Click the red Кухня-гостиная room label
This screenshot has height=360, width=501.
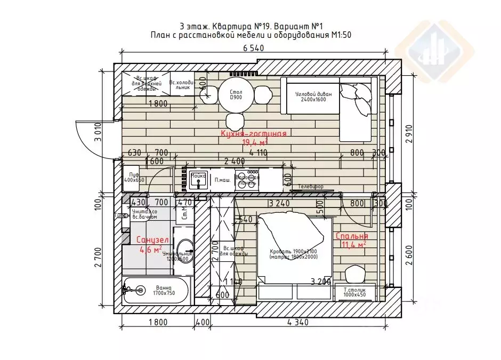tap(254, 134)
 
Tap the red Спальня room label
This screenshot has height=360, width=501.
tap(352, 236)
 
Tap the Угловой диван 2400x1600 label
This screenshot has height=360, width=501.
tap(313, 97)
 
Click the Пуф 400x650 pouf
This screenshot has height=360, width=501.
tap(134, 178)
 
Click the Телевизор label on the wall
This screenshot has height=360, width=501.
tap(311, 187)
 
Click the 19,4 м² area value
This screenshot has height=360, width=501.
tap(255, 142)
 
